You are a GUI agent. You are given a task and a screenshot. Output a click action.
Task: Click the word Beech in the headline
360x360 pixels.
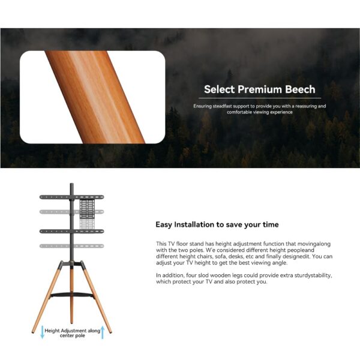pyautogui.click(x=297, y=89)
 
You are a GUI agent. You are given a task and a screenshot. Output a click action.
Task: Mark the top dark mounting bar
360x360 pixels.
pyautogui.click(x=54, y=196)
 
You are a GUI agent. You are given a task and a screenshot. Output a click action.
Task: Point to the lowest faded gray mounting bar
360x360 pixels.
pyautogui.click(x=54, y=246)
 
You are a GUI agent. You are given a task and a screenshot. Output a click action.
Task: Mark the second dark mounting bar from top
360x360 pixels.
pyautogui.click(x=54, y=230)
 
